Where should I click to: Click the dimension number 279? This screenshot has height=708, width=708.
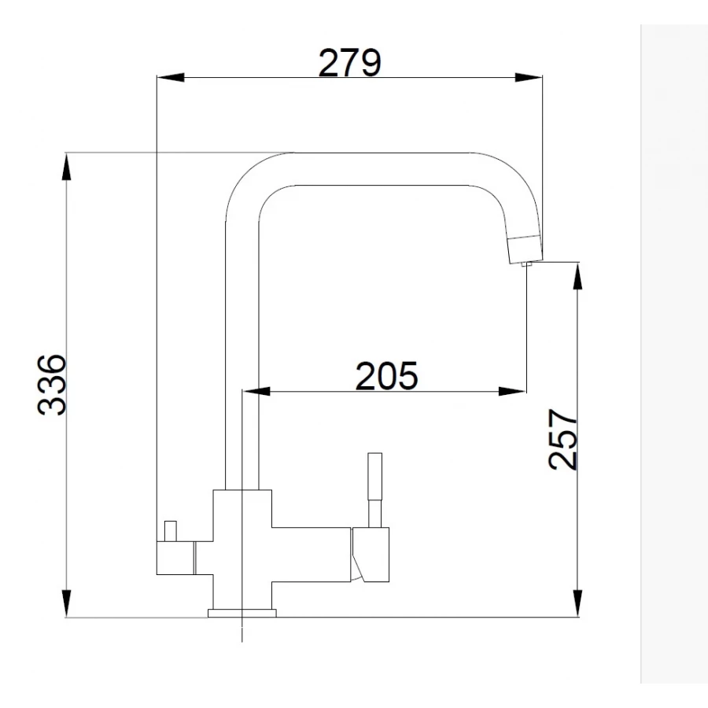click(x=350, y=62)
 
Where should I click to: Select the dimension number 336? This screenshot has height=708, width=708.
click(x=52, y=384)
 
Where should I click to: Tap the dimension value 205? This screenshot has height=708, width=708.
click(x=386, y=375)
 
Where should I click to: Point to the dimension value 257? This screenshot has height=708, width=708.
click(x=562, y=439)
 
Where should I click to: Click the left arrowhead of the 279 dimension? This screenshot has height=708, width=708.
click(x=171, y=78)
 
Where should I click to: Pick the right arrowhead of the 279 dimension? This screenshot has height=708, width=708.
click(x=529, y=78)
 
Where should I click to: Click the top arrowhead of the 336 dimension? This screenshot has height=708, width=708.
click(x=66, y=167)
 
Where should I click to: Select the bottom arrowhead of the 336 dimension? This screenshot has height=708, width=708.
click(x=66, y=603)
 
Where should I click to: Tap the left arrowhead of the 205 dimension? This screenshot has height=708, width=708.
click(x=256, y=391)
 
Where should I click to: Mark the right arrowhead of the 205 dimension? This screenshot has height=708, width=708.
click(x=512, y=391)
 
